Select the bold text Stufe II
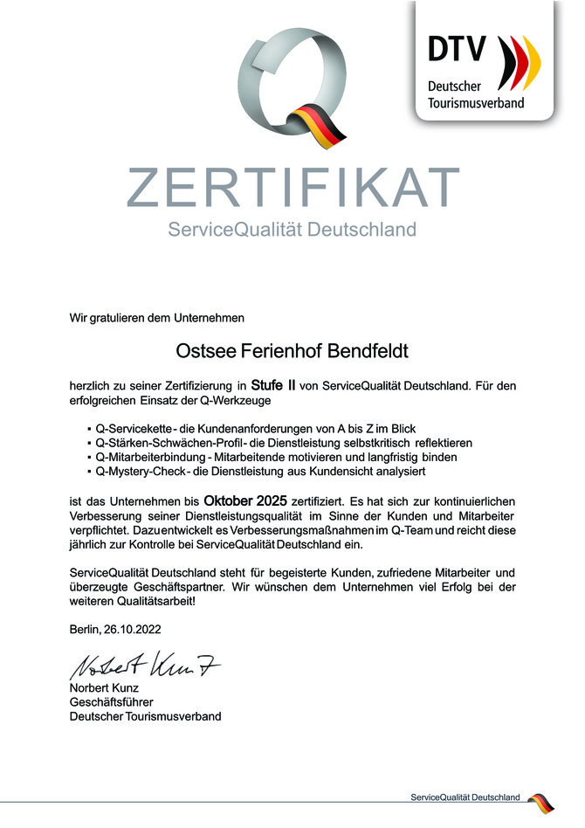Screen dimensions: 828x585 [x=273, y=384]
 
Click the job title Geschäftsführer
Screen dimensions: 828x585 [x=111, y=703]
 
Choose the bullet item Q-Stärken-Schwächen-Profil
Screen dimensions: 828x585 [x=284, y=443]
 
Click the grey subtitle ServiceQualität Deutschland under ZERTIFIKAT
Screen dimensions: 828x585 [x=292, y=231]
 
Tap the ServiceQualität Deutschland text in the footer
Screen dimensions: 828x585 [x=465, y=797]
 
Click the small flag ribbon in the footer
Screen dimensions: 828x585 [x=539, y=801]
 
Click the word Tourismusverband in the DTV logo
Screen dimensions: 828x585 [x=476, y=103]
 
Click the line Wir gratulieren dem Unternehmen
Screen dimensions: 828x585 [x=157, y=318]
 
